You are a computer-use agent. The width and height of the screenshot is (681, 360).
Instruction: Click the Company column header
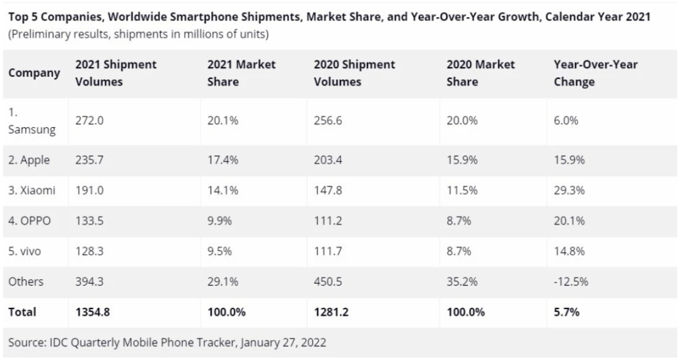tap(34, 73)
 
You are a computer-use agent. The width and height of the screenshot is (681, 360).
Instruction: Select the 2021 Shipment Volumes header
tap(115, 73)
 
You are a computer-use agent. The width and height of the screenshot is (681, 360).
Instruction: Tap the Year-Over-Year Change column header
tap(595, 73)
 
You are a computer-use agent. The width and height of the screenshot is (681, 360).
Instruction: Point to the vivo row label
tap(26, 252)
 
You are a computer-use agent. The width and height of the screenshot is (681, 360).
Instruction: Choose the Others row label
tap(26, 282)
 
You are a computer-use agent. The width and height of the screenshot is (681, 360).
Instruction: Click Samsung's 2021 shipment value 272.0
tap(89, 121)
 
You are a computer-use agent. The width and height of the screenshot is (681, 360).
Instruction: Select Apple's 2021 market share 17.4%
tap(223, 161)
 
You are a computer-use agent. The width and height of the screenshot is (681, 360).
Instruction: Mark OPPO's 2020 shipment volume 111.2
tap(328, 221)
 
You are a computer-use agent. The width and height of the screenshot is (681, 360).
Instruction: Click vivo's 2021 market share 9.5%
tap(219, 252)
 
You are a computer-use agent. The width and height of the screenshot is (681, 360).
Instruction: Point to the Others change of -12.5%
tap(571, 282)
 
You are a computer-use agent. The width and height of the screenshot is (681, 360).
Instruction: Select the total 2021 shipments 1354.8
tap(92, 312)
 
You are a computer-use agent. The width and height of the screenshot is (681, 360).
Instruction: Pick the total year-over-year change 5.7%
tap(567, 312)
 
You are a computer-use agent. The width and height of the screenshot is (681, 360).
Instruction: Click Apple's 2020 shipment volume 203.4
tap(328, 161)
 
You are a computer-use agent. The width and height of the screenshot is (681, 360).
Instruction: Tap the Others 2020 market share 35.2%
tap(462, 282)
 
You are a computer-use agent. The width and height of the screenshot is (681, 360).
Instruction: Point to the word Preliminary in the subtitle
tap(38, 34)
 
